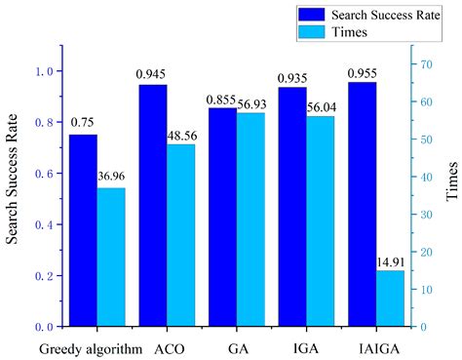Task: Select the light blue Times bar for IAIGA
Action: [x=390, y=298]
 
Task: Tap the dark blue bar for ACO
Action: [x=153, y=205]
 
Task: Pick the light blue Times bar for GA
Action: [x=250, y=220]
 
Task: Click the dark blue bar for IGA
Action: [x=292, y=207]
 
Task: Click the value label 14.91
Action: [x=391, y=261]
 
